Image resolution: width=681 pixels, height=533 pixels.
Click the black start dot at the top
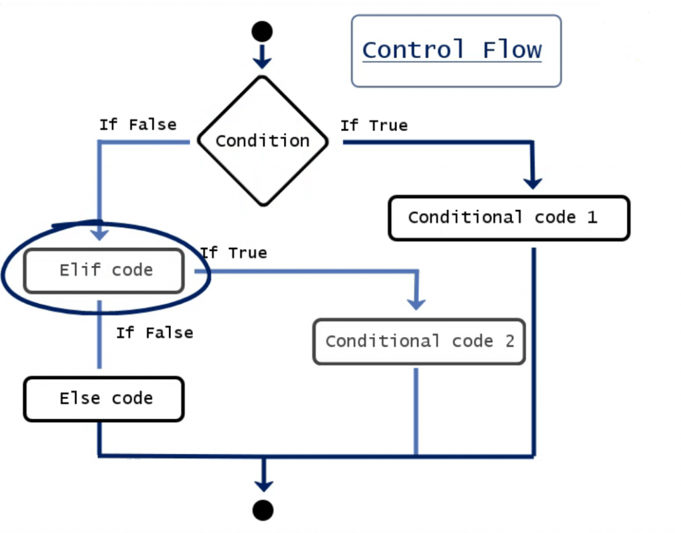tap(262, 31)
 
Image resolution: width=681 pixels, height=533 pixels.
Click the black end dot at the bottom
tap(263, 509)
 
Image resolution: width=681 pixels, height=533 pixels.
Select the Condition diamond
tap(263, 141)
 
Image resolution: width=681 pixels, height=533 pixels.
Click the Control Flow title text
tap(452, 51)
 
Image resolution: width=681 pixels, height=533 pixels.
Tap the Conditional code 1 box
tap(508, 217)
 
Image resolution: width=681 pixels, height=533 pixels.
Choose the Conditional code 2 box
tap(419, 342)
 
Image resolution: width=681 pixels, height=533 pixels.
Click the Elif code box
tap(104, 270)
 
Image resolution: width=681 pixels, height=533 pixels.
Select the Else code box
tap(104, 399)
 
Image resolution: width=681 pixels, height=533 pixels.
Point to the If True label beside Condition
tap(374, 126)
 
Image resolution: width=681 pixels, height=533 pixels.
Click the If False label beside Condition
tap(138, 125)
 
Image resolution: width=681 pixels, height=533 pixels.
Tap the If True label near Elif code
tap(233, 253)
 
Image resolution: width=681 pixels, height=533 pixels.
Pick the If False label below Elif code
tap(154, 333)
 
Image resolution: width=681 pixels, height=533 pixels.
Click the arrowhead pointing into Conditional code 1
tap(533, 182)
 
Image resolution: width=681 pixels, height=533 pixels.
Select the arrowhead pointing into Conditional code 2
tap(416, 303)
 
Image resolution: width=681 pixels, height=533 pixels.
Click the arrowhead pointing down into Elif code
tap(100, 234)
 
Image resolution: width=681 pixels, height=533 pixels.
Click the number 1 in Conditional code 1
tap(591, 217)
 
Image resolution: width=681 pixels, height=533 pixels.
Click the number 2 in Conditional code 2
tap(509, 342)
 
